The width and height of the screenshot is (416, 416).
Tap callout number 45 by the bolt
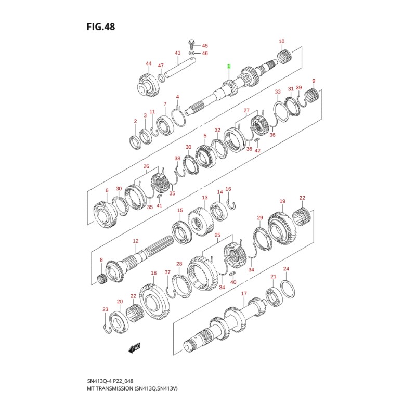pos(204,46)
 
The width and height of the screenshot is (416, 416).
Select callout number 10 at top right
pos(281,41)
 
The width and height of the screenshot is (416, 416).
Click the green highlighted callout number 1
pos(227,67)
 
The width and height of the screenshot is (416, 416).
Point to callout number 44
pos(149,63)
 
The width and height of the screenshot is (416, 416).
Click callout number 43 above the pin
pos(177,53)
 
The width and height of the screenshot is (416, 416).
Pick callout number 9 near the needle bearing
pos(314,81)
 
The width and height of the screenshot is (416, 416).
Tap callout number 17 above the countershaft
pos(243,294)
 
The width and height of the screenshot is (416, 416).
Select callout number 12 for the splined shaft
pos(135,241)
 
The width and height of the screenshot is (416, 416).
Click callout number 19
pos(282,201)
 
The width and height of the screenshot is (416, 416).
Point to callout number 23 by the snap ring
pos(105,309)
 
